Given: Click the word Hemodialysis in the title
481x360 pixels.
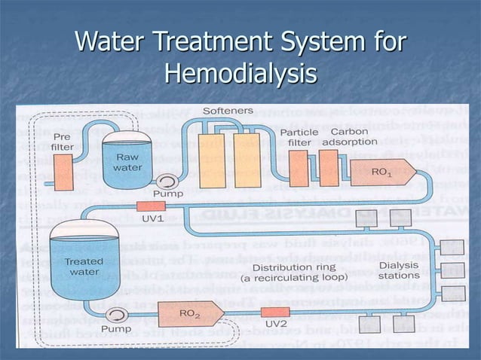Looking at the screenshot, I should [240, 73].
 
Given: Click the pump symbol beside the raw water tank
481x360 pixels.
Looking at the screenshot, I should [164, 182].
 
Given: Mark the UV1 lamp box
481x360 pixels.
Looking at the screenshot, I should [150, 206].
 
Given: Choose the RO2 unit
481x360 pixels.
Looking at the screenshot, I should [177, 310].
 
